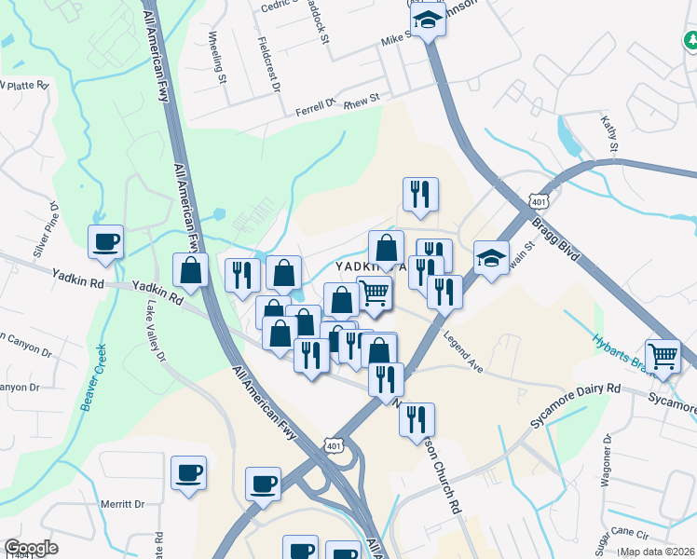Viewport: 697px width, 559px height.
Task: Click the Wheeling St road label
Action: coord(217,57)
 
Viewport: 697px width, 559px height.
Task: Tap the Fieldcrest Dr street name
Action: coord(271,64)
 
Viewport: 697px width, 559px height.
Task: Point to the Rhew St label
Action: coord(362,98)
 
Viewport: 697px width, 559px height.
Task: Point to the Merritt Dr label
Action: coord(122,504)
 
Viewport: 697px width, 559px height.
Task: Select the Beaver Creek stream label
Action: coord(94,377)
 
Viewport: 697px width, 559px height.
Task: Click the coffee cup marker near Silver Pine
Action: coord(105,242)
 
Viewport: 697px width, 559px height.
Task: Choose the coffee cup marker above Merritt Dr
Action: coord(188,472)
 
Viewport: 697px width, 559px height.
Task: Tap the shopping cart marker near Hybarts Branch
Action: coord(663,356)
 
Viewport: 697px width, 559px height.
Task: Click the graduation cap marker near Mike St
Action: coord(427,19)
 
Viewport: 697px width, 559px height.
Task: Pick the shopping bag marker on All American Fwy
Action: coord(191,271)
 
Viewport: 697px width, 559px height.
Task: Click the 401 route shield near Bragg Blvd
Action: coord(538,202)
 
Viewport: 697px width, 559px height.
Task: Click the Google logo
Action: coord(31,548)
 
